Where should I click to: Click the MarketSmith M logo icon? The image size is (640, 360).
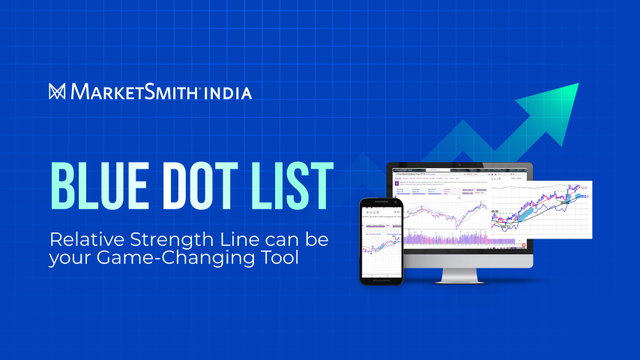57,92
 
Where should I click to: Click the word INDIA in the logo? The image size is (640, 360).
229,93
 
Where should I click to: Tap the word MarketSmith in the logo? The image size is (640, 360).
135,93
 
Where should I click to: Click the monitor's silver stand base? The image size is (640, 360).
459,279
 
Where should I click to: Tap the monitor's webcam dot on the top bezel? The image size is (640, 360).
459,167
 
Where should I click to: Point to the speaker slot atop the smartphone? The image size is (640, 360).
381,202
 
